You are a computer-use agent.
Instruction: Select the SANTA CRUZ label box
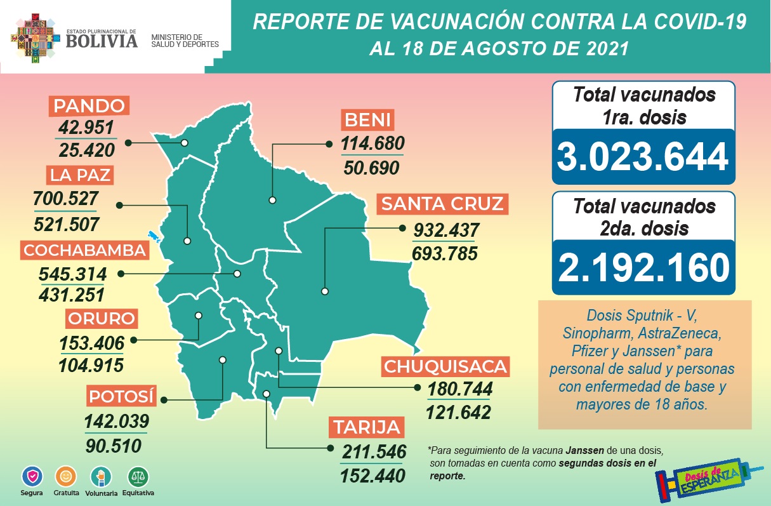(443, 204)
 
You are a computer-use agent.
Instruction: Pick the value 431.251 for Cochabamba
(72, 295)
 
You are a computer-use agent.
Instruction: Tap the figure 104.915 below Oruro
(91, 365)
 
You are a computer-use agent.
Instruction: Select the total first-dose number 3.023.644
(643, 156)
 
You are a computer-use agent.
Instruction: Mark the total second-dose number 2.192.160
(643, 267)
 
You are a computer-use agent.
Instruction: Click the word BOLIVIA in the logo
(102, 41)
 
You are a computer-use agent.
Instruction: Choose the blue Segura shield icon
(31, 476)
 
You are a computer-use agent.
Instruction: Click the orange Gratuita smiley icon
(65, 476)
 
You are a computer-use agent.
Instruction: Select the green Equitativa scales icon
(138, 476)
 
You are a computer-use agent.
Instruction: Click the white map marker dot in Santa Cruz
(325, 291)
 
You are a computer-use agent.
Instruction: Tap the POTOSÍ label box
(121, 397)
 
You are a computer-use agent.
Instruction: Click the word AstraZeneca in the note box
(683, 333)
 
